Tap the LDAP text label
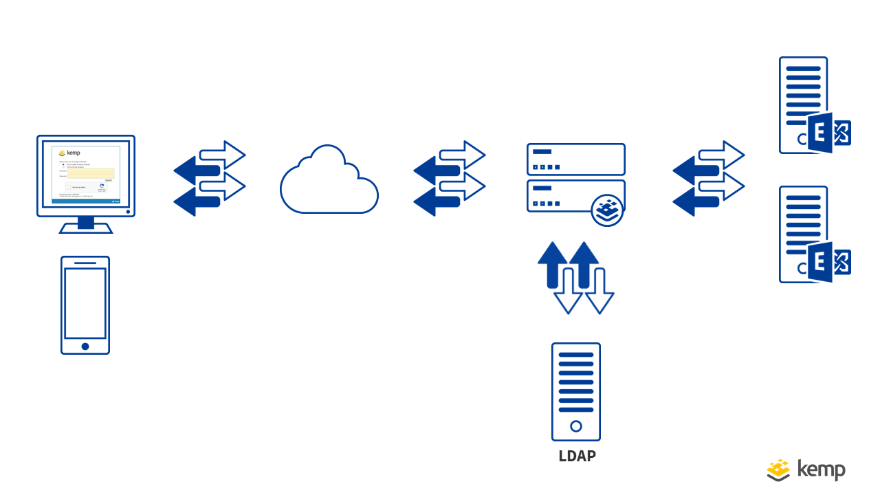pyautogui.click(x=577, y=456)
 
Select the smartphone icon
pyautogui.click(x=85, y=305)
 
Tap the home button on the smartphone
pyautogui.click(x=85, y=346)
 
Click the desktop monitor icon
pyautogui.click(x=86, y=176)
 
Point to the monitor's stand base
pyautogui.click(x=86, y=228)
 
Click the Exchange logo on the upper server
pyautogui.click(x=828, y=133)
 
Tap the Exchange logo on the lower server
pyautogui.click(x=828, y=262)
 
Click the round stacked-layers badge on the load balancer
pyautogui.click(x=607, y=210)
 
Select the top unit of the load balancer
pyautogui.click(x=576, y=159)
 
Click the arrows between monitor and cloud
pyautogui.click(x=210, y=179)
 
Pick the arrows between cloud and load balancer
pyautogui.click(x=450, y=179)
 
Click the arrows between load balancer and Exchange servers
pyautogui.click(x=709, y=179)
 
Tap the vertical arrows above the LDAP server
pyautogui.click(x=575, y=277)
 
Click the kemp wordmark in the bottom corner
pyautogui.click(x=821, y=470)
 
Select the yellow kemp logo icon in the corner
pyautogui.click(x=779, y=470)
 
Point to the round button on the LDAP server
pyautogui.click(x=576, y=426)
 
